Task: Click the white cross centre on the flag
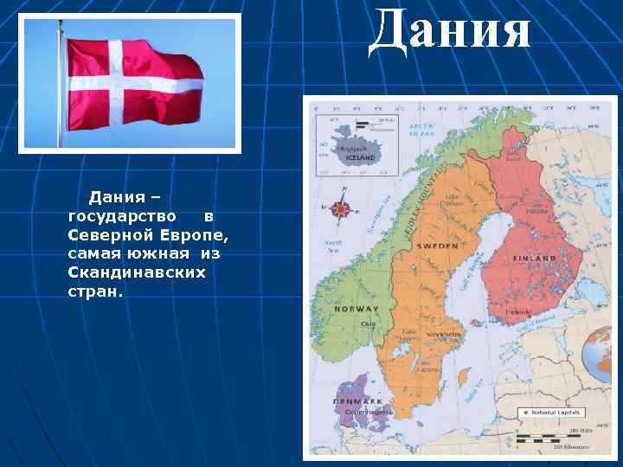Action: tap(107, 84)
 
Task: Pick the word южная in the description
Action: tap(161, 253)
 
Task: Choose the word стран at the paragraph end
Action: tap(95, 291)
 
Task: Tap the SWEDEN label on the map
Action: tap(438, 246)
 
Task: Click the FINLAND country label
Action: tap(534, 259)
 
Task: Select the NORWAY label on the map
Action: tap(357, 309)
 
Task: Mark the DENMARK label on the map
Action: tap(357, 401)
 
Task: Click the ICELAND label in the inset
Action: tap(361, 158)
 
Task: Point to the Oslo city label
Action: tap(369, 324)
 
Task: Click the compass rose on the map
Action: tap(341, 208)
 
